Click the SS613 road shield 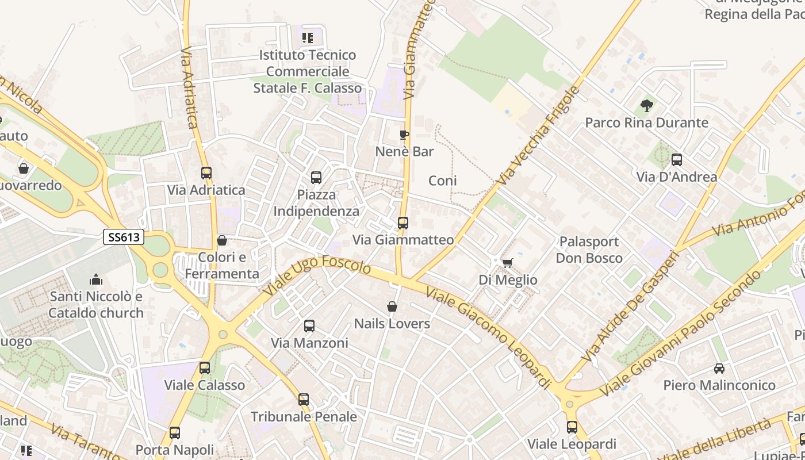tap(124, 237)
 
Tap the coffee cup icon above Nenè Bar tap(404, 135)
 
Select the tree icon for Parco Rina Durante tap(646, 106)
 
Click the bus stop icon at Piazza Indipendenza tap(316, 178)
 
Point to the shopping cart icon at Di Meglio tap(507, 263)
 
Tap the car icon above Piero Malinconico tap(719, 368)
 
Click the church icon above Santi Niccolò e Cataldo tap(96, 279)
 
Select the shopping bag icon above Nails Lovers tap(392, 306)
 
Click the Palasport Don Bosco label tap(589, 250)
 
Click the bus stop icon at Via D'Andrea tap(677, 160)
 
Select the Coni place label tap(443, 181)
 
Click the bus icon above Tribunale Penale tap(304, 399)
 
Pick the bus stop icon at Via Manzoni tap(309, 326)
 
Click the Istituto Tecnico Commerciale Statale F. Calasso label tap(308, 72)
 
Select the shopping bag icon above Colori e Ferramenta tap(222, 240)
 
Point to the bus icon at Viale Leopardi tap(572, 427)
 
